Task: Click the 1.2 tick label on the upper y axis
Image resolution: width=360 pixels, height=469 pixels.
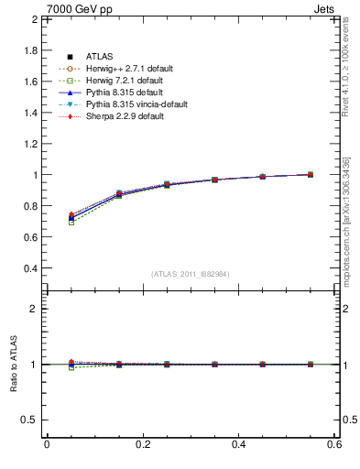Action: pos(30,144)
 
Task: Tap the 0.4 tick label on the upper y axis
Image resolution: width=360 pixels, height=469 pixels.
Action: pos(30,268)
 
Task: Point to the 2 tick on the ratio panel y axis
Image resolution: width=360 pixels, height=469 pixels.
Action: pos(34,309)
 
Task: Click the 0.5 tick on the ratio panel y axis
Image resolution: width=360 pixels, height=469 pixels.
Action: pos(30,420)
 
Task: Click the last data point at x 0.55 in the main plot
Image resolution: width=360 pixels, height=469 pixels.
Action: pos(311,174)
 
